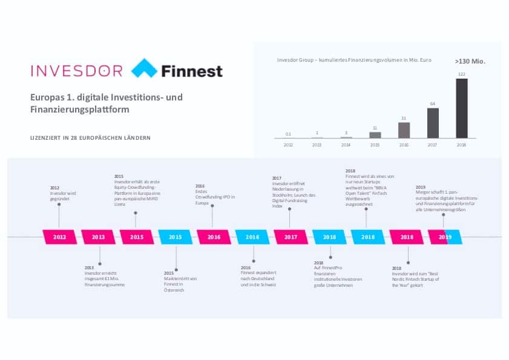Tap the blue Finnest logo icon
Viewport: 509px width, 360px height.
(144, 70)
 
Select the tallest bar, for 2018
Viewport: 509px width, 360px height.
(462, 108)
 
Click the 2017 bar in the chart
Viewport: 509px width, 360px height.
(433, 123)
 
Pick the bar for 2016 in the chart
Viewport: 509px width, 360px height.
(404, 130)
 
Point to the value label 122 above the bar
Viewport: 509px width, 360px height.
(462, 74)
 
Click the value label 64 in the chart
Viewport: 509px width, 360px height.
(433, 104)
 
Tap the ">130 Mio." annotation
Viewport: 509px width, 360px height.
(470, 61)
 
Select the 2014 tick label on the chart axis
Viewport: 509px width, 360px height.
(346, 145)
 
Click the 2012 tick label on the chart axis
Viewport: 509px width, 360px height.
(288, 145)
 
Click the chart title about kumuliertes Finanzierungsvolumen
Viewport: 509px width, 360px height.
(346, 61)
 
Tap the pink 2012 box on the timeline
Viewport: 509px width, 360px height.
(60, 237)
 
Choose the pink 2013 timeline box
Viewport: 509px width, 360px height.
(98, 237)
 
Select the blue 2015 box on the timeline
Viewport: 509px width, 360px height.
(176, 237)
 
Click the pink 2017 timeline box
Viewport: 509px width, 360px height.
(291, 237)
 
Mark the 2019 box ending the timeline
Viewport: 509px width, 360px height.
(445, 237)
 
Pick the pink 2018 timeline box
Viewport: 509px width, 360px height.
(407, 237)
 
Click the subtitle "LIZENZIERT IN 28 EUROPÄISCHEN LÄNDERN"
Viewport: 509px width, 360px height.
(90, 138)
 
